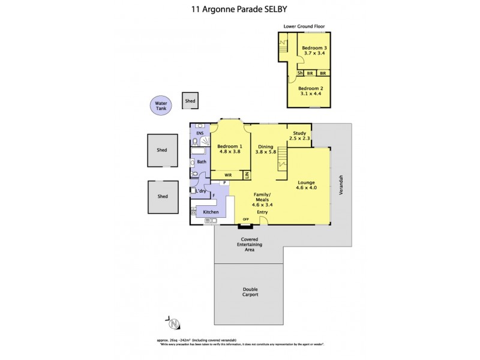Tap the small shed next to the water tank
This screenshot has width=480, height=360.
point(190,101)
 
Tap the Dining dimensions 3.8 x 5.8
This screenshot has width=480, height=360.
point(266,152)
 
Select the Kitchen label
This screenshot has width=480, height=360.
point(211,212)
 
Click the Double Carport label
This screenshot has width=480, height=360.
point(250,292)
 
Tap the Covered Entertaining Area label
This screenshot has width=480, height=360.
point(250,244)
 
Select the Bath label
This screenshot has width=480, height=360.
point(202,161)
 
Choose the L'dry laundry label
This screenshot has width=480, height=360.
point(202,191)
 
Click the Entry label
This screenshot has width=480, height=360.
point(262,212)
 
